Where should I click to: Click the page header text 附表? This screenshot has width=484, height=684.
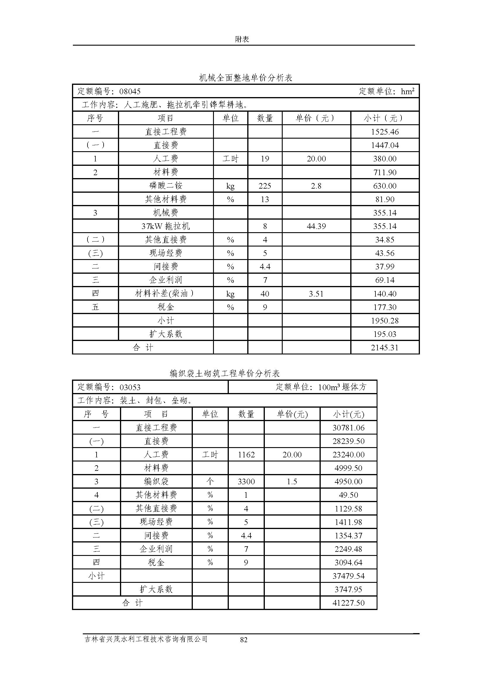(x=242, y=39)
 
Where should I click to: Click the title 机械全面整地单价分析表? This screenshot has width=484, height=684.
(x=246, y=78)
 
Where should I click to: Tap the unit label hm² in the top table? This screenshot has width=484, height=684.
(x=407, y=91)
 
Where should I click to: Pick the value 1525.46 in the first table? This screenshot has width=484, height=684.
(x=385, y=132)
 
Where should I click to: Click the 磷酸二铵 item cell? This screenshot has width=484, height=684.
(x=166, y=186)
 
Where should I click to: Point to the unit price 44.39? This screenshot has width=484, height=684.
(x=316, y=226)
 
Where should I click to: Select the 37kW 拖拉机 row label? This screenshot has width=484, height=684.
(x=166, y=226)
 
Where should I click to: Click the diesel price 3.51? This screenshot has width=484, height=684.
(x=316, y=294)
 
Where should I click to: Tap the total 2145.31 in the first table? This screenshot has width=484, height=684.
(x=385, y=347)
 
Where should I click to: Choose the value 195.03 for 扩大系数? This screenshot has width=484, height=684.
(x=385, y=334)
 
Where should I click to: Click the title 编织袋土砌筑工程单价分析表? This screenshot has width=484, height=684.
(x=225, y=373)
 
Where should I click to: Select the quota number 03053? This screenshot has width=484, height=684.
(x=130, y=387)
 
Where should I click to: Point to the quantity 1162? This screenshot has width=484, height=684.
(x=246, y=455)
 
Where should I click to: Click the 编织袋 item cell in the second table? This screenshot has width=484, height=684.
(x=156, y=481)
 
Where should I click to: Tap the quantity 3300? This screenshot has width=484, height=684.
(x=246, y=481)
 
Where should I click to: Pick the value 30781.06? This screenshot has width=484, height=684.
(x=349, y=428)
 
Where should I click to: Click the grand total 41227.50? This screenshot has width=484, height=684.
(x=349, y=603)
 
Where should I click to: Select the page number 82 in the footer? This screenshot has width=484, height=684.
(x=244, y=640)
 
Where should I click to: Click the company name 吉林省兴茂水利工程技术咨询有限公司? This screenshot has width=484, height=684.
(x=146, y=639)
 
